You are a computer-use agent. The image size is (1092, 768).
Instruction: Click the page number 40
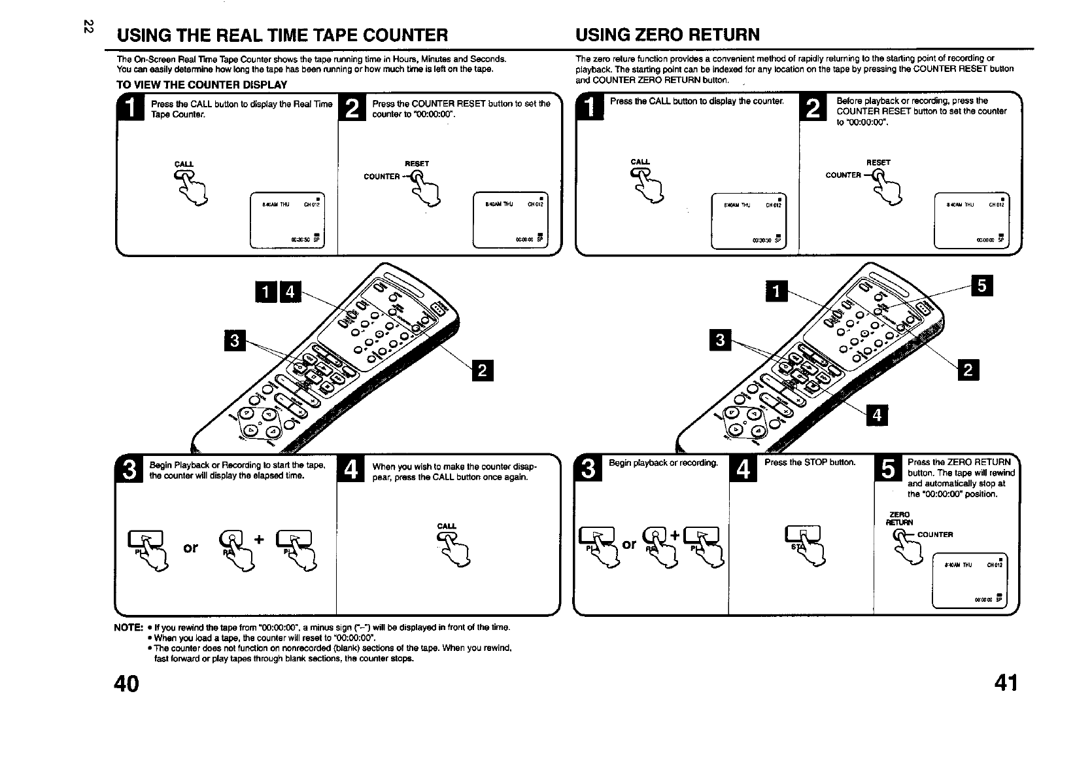click(127, 684)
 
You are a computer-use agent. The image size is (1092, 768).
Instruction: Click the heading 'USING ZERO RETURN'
click(668, 35)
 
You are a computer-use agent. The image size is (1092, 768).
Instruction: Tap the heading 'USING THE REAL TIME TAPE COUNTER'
click(282, 35)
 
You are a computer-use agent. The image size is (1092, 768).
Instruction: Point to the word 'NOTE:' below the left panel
click(128, 627)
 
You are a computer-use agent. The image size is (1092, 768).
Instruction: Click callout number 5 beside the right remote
click(983, 287)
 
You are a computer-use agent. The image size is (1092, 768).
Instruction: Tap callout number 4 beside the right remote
click(877, 414)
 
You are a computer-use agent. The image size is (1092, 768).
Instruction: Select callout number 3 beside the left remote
click(234, 341)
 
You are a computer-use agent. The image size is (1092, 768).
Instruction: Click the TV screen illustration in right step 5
click(970, 580)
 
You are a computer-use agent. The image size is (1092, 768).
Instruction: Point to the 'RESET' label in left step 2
click(417, 164)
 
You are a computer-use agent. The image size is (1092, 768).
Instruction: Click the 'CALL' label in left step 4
click(447, 526)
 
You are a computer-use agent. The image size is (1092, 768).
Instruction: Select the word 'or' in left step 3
click(190, 547)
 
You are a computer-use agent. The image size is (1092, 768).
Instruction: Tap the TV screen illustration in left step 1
click(287, 221)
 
